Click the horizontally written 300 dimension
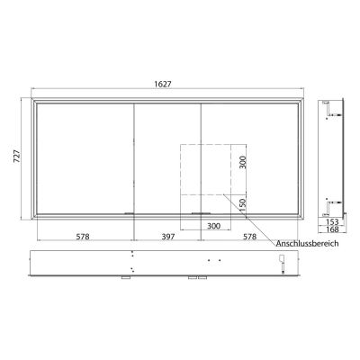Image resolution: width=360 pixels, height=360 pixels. pos(212,227)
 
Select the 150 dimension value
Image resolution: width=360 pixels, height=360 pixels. pos(242,206)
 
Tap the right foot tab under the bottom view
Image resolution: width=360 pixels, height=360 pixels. pos(194,279)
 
